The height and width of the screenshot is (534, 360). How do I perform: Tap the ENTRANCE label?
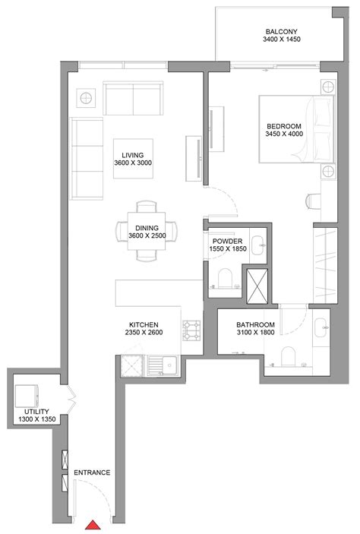92,472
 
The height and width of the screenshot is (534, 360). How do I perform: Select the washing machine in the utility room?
27,395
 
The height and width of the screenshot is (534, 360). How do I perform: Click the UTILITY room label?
30,411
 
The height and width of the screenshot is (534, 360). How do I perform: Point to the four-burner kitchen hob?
190,329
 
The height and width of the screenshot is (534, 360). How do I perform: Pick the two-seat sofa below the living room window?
134,98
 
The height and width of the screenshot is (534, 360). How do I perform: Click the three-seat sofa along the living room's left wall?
86,156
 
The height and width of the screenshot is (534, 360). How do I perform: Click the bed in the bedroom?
294,128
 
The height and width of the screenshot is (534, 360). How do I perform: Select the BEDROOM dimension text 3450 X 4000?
285,134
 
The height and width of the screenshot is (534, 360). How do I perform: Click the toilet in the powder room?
226,280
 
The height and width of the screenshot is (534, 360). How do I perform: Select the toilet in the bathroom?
289,355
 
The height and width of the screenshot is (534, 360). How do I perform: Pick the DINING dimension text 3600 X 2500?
147,236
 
